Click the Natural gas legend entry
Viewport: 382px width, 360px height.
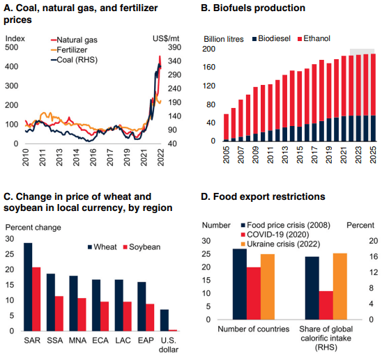coord(74,40)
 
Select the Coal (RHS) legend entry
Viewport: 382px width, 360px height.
coord(74,60)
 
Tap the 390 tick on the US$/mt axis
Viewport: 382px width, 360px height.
coord(174,47)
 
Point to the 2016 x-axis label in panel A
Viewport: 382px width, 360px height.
coord(93,157)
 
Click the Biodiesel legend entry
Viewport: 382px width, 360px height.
coord(271,38)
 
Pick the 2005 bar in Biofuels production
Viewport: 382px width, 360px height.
coord(226,127)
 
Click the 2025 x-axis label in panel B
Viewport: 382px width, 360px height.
coord(373,155)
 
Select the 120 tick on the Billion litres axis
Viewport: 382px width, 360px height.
coord(209,86)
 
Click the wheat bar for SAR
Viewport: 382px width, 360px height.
coord(28,287)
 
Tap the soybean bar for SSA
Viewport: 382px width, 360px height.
coord(59,313)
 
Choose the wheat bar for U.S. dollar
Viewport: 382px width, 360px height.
coord(165,320)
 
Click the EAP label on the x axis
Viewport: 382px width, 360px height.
coord(146,341)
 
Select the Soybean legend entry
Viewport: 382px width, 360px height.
coord(142,247)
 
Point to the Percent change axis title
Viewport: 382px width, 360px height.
coord(33,228)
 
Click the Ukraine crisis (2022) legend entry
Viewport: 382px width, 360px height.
coord(280,244)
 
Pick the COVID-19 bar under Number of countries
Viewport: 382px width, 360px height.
coord(254,293)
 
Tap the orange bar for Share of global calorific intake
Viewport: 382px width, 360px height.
coord(340,286)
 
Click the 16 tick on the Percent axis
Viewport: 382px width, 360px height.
coord(374,256)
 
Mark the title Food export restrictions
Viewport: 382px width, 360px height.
coord(263,196)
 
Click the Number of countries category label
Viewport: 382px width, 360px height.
coord(253,329)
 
